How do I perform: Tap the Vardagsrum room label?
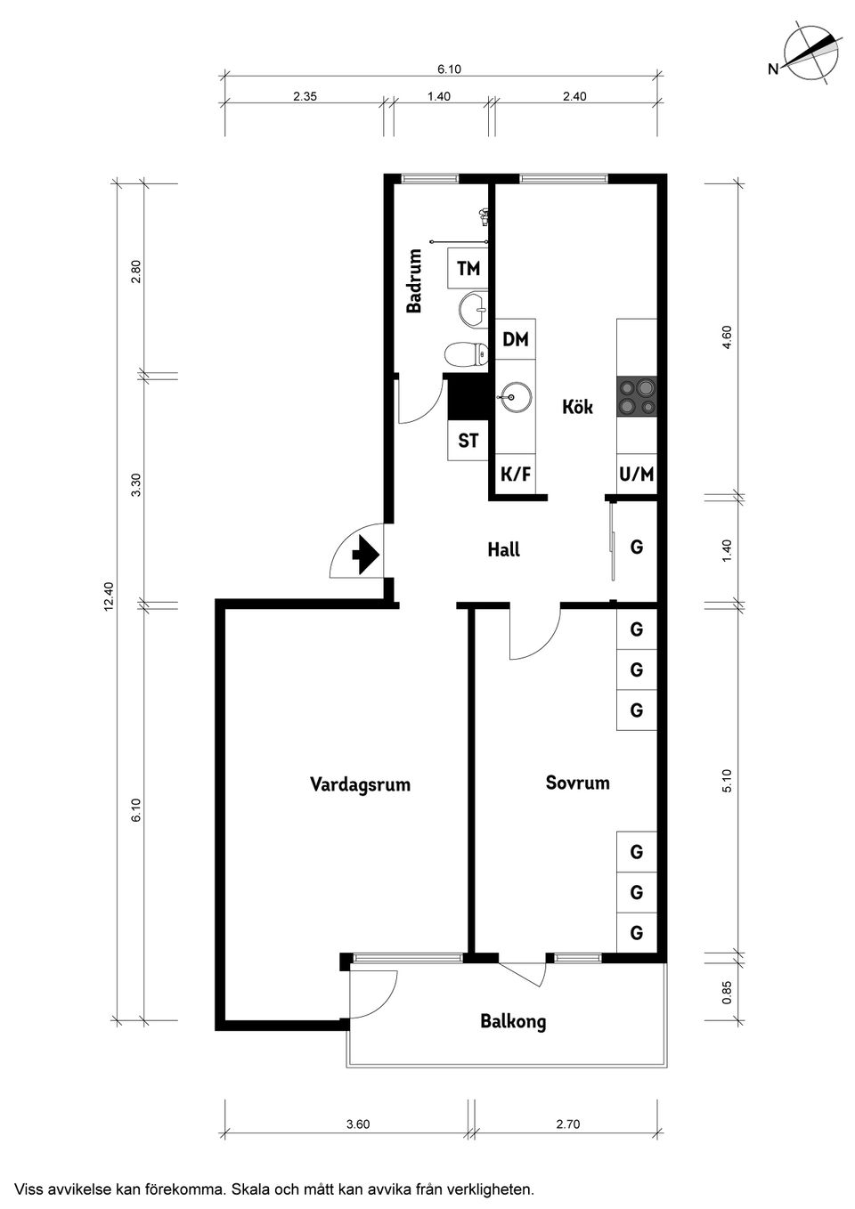(x=360, y=784)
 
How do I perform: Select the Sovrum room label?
(x=577, y=783)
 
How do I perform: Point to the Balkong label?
(x=513, y=1021)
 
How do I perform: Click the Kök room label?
(x=577, y=407)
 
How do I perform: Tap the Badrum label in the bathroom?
(x=414, y=281)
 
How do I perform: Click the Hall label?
(x=503, y=549)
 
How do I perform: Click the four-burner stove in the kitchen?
(x=637, y=397)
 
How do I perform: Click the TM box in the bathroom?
(x=468, y=268)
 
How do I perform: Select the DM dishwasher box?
(x=515, y=339)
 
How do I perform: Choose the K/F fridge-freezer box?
(x=515, y=474)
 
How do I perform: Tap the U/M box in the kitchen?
(x=636, y=474)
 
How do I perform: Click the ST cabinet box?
(x=468, y=440)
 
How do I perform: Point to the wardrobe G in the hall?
(x=636, y=548)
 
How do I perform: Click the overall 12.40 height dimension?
(x=109, y=596)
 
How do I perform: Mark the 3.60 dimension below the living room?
(x=357, y=1124)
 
